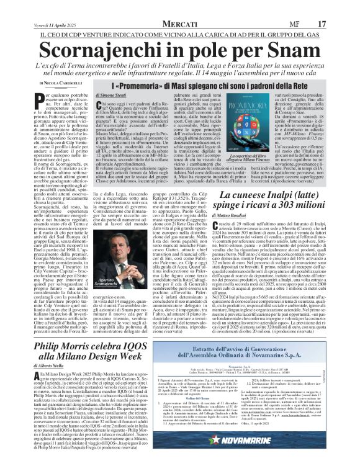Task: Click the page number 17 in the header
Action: pyautogui.click(x=340, y=6)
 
